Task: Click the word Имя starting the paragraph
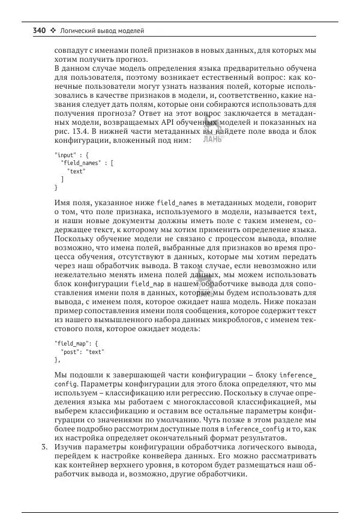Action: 63,204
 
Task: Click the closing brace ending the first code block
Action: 56,187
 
